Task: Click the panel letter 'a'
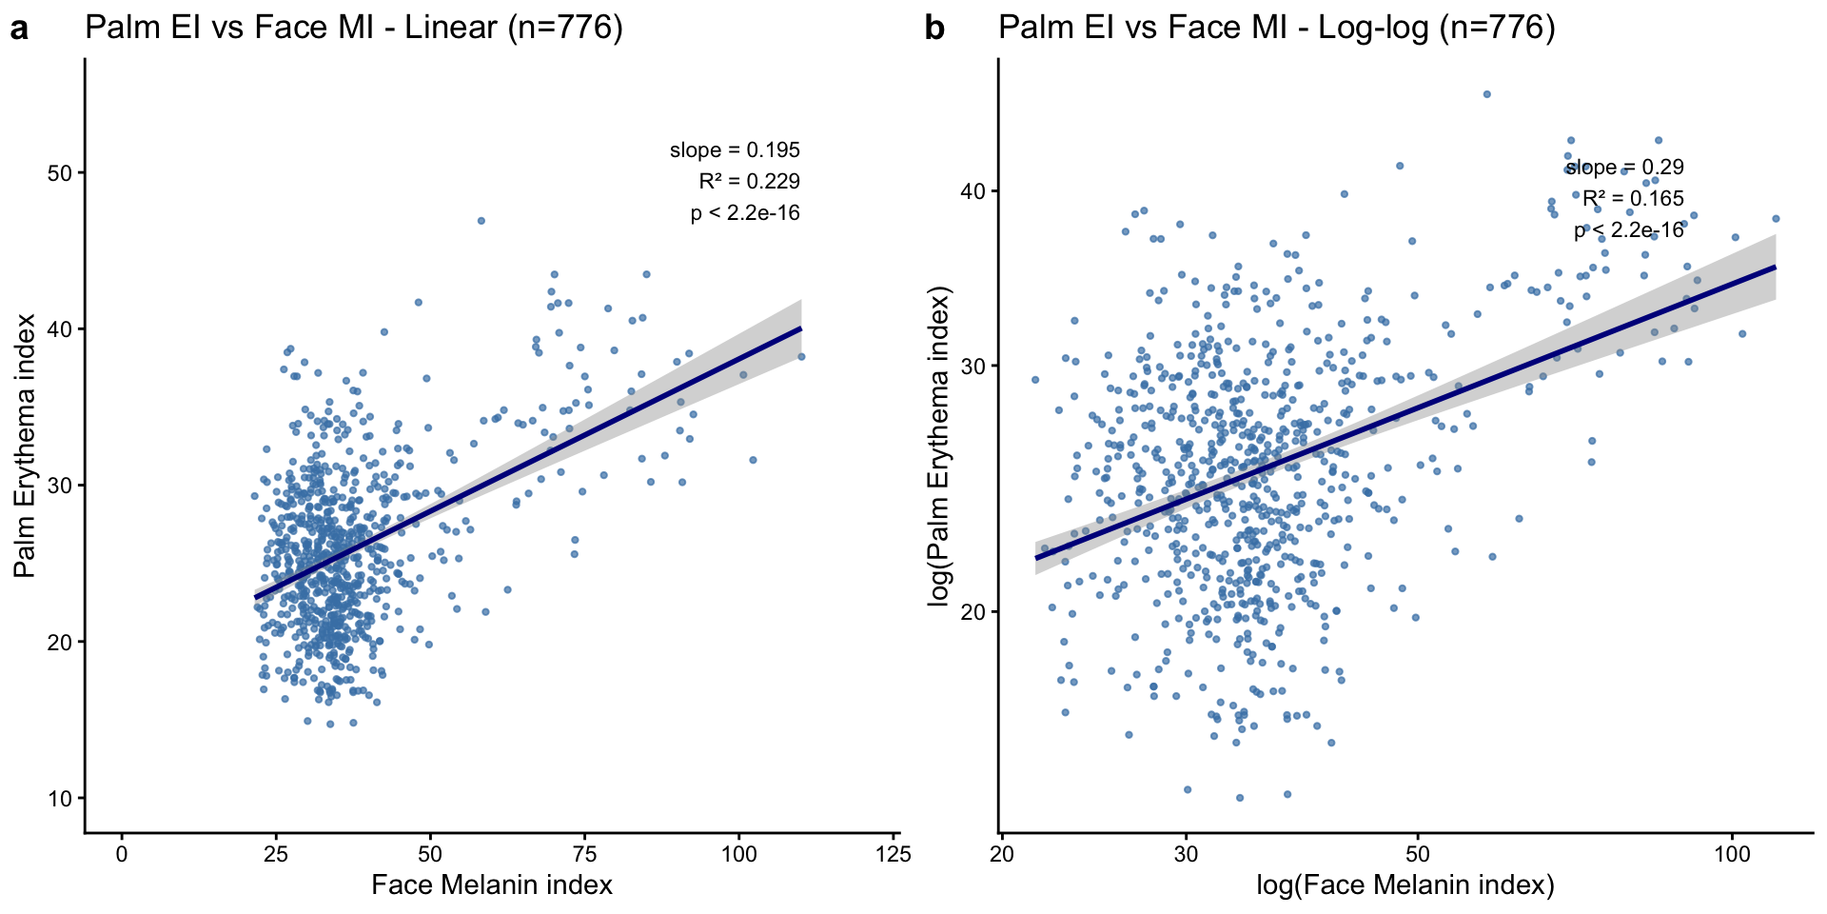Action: tap(19, 30)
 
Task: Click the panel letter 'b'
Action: tap(934, 30)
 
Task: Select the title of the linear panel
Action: tap(354, 28)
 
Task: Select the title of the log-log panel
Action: tap(1277, 28)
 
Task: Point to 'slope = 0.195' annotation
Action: tap(735, 150)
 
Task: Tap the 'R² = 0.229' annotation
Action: tap(749, 182)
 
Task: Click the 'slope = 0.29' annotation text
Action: tap(1624, 168)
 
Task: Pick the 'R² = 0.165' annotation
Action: tap(1633, 199)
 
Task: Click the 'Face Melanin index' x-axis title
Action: tap(492, 885)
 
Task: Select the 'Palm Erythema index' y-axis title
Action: tap(25, 446)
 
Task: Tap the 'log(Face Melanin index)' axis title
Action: tap(1405, 885)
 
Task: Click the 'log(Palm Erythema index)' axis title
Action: tap(939, 446)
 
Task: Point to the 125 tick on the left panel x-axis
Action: tap(894, 854)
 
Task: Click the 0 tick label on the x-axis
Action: tap(122, 854)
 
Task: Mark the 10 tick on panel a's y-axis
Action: tap(61, 799)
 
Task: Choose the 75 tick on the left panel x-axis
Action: tap(585, 854)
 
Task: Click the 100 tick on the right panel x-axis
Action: tap(1732, 854)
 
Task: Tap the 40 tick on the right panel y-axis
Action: tap(974, 190)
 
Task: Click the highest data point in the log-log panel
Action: tap(1486, 94)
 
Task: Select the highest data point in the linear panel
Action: tap(481, 221)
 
